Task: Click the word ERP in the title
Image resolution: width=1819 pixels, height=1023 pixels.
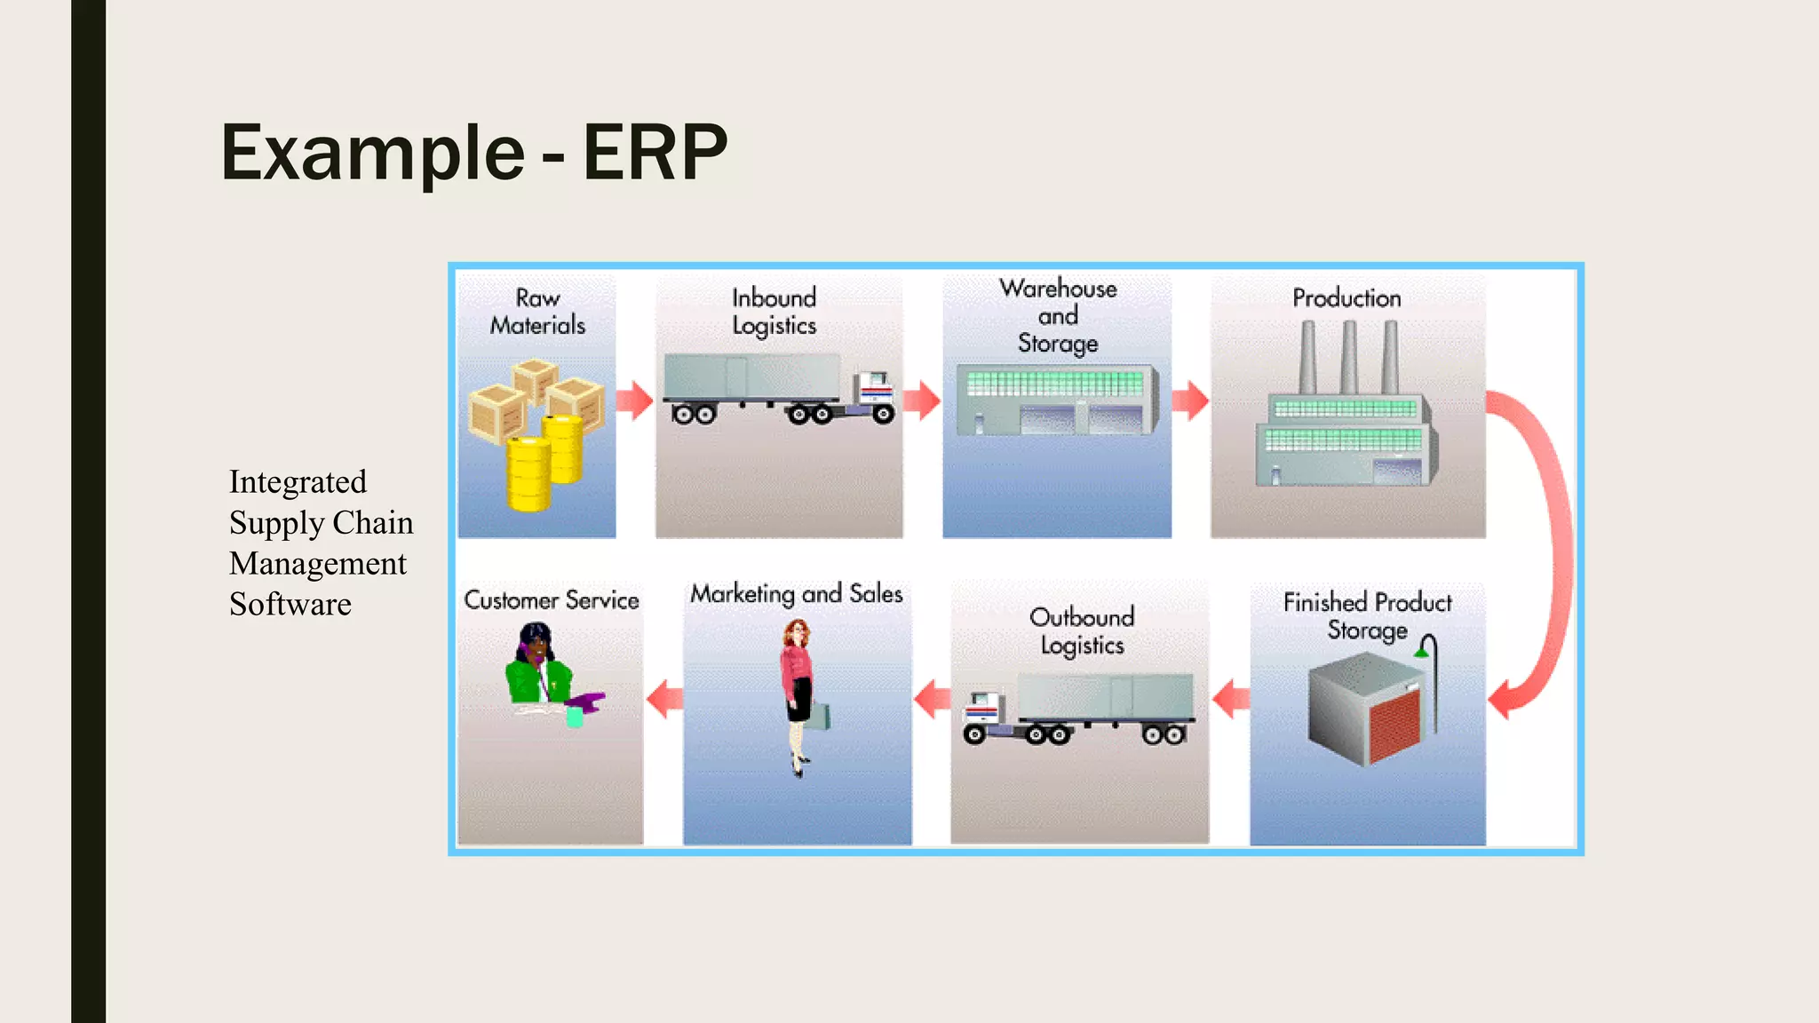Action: (655, 153)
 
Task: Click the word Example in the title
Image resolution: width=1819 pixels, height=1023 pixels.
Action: (373, 153)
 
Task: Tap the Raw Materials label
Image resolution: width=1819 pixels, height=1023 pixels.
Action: (537, 311)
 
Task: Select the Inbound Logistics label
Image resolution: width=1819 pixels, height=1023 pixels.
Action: (774, 312)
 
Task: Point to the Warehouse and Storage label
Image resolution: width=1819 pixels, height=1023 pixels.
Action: (1058, 315)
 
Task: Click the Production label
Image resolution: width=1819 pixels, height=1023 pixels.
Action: (1346, 298)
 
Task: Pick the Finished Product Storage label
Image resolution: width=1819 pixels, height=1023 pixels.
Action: (1367, 615)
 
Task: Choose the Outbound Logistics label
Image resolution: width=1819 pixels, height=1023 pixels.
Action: (1082, 630)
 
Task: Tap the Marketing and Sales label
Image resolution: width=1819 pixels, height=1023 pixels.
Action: (797, 593)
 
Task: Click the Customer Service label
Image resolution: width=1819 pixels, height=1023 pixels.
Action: (552, 600)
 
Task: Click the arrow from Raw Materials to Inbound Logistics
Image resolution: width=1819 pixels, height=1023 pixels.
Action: (635, 400)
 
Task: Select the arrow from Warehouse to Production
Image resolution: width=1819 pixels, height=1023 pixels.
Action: (1190, 400)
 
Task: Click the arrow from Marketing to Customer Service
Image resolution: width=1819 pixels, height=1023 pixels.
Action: (665, 699)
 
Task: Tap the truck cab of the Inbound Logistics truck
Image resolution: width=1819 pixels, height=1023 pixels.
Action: (873, 392)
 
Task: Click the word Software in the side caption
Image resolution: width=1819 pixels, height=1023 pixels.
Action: (290, 605)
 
